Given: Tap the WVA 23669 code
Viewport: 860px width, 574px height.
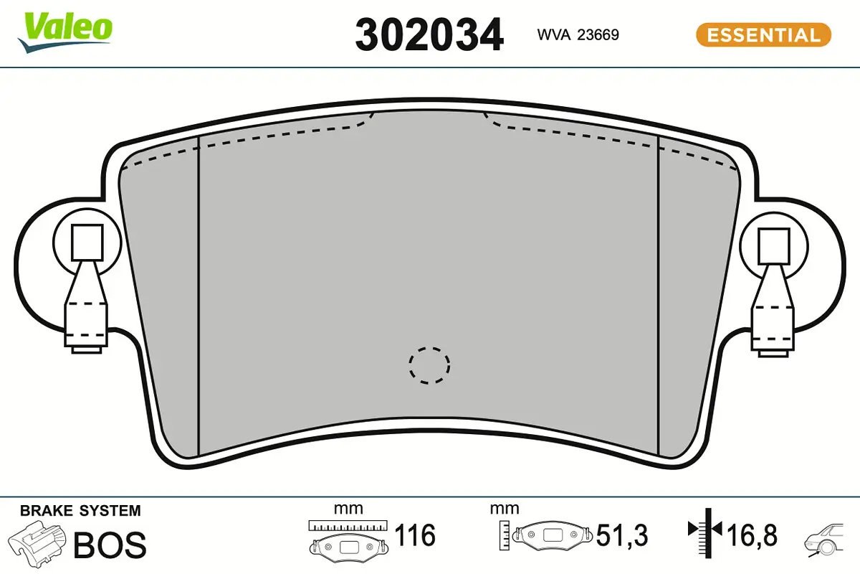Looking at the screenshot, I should pyautogui.click(x=578, y=34).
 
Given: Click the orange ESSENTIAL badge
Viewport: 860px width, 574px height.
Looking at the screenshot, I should pyautogui.click(x=763, y=34).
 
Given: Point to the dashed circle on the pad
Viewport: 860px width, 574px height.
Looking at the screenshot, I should pyautogui.click(x=429, y=364).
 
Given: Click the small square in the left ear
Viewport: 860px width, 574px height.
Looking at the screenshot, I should pyautogui.click(x=87, y=241).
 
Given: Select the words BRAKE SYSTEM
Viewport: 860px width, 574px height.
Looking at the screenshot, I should pyautogui.click(x=80, y=511).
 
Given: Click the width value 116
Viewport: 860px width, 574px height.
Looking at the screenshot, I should pyautogui.click(x=416, y=535).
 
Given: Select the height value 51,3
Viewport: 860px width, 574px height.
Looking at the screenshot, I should pyautogui.click(x=622, y=535).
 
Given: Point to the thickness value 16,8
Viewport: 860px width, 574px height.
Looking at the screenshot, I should pyautogui.click(x=751, y=535).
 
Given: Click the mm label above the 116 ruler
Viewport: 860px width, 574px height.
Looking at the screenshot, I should pyautogui.click(x=348, y=509).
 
